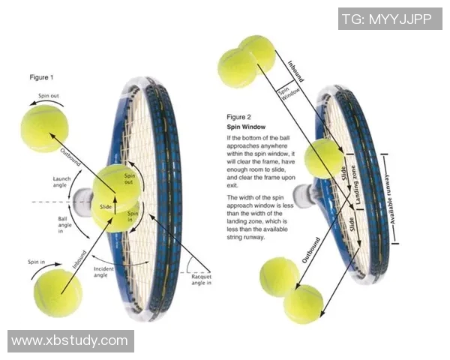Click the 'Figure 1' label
pyautogui.click(x=41, y=77)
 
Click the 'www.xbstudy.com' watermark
pyautogui.click(x=70, y=340)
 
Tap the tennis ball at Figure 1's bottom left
pyautogui.click(x=58, y=292)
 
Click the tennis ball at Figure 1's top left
pyautogui.click(x=44, y=128)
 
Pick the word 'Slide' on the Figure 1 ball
pyautogui.click(x=105, y=206)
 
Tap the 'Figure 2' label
pyautogui.click(x=238, y=117)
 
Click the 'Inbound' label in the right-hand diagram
pyautogui.click(x=294, y=65)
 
